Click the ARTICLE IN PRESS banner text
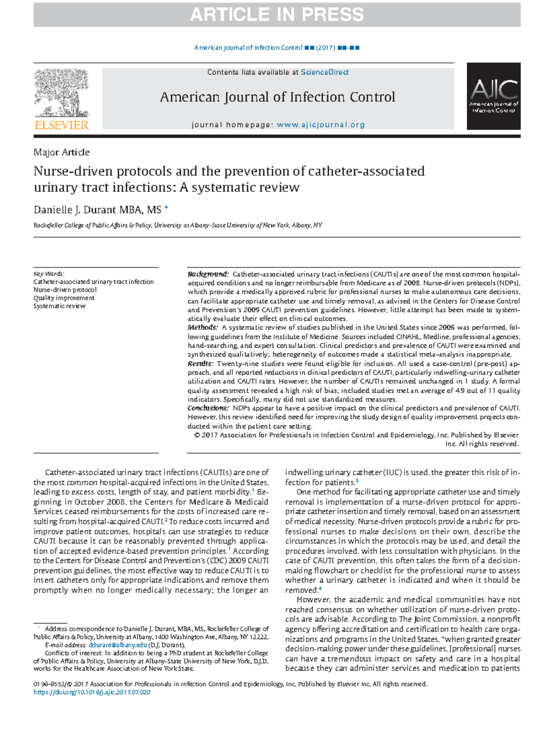click(277, 15)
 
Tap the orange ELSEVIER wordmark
click(62, 125)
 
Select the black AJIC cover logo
click(494, 96)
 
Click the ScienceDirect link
click(325, 72)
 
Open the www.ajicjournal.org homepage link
click(320, 125)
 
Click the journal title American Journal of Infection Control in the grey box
click(277, 97)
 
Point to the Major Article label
click(62, 152)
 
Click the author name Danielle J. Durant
click(75, 210)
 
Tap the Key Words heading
click(49, 274)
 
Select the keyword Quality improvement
click(64, 298)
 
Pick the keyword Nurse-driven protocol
click(65, 290)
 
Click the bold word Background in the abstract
click(208, 274)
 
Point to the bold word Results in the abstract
click(200, 364)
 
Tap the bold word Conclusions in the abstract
click(207, 408)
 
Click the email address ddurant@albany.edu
click(118, 645)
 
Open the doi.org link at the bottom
click(92, 692)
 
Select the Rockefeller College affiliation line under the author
click(178, 225)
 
